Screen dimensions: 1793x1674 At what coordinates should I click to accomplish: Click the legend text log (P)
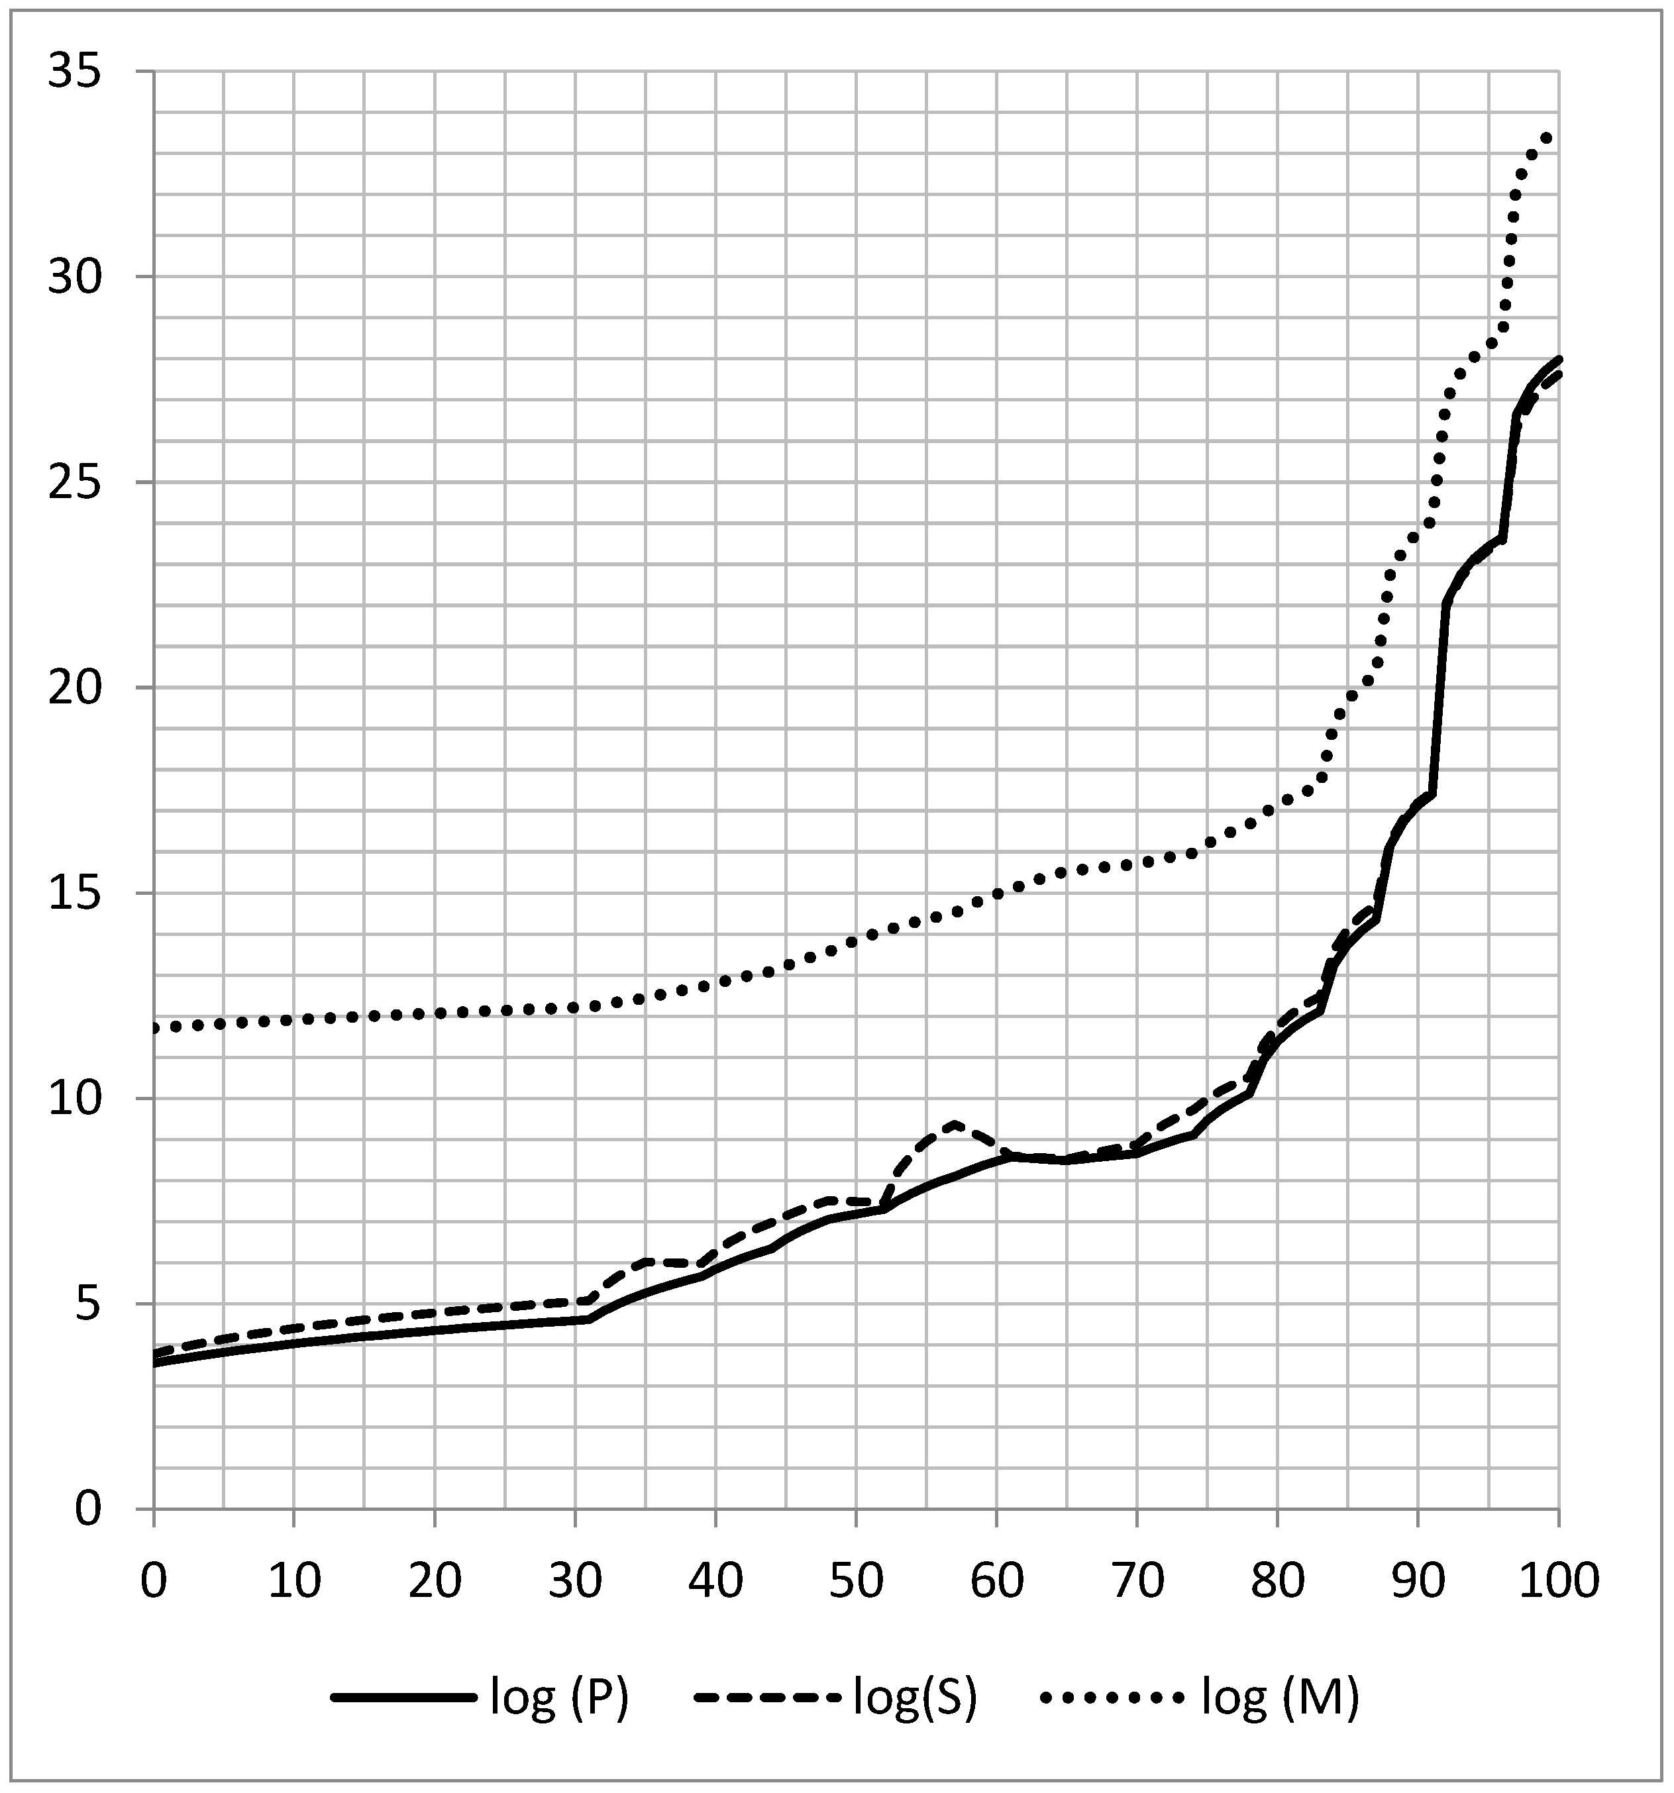click(559, 1698)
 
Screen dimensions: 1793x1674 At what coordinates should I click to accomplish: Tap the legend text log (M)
click(1281, 1698)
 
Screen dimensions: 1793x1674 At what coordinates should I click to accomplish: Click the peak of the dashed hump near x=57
click(954, 1124)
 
